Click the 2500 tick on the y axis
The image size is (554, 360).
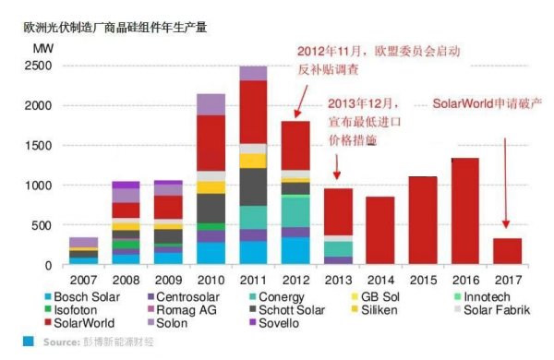[x=38, y=66]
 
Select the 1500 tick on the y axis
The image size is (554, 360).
[x=38, y=146]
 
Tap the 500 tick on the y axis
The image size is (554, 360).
[x=42, y=225]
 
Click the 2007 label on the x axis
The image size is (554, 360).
[x=83, y=278]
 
